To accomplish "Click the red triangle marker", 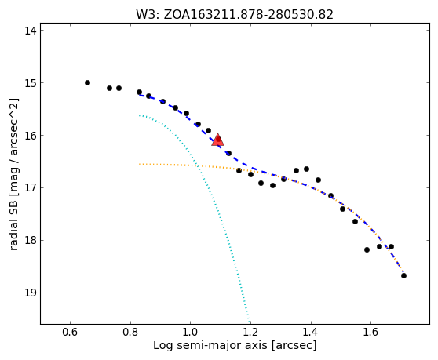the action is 218,140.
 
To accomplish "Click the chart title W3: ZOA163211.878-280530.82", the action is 235,15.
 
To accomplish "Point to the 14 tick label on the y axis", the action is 31,31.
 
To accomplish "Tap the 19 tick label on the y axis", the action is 31,293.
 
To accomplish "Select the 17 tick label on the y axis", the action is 31,187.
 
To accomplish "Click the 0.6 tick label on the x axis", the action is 70,332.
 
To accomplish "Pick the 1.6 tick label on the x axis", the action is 370,332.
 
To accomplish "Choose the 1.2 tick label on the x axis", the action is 250,332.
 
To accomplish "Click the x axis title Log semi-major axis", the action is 210,345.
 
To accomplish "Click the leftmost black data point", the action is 87,82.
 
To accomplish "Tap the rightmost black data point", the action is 403,276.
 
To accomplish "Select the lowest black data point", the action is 403,276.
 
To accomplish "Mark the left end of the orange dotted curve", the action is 140,165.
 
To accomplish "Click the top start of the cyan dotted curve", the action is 140,115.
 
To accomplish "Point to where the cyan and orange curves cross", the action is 198,166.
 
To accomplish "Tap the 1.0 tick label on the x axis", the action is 190,332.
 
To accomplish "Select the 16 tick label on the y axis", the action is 31,136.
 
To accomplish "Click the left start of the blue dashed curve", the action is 140,96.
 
